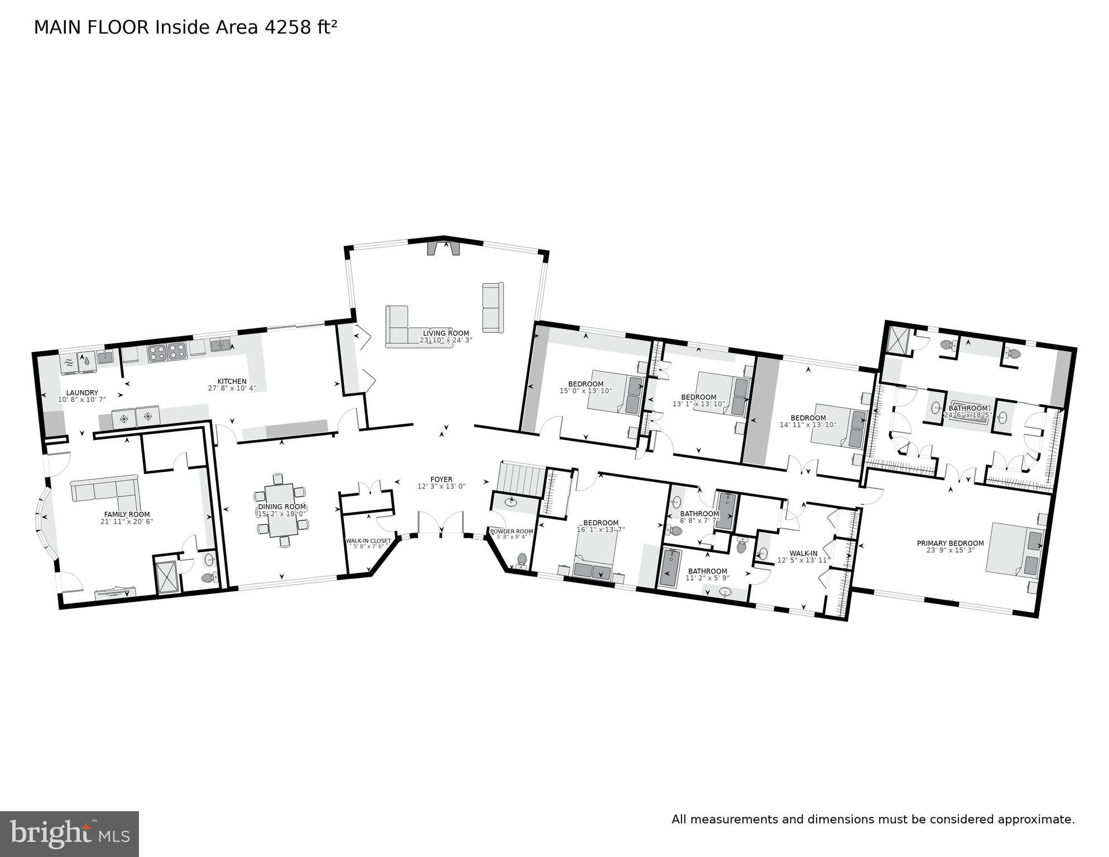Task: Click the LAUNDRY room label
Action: (81, 392)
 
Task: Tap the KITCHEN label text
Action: (232, 381)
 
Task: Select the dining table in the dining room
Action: (281, 510)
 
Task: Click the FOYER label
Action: (441, 480)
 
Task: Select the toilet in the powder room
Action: (522, 558)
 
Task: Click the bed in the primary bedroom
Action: (1015, 549)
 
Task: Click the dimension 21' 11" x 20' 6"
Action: (127, 521)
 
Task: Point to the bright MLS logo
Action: (69, 834)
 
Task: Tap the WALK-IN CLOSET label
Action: (368, 541)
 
